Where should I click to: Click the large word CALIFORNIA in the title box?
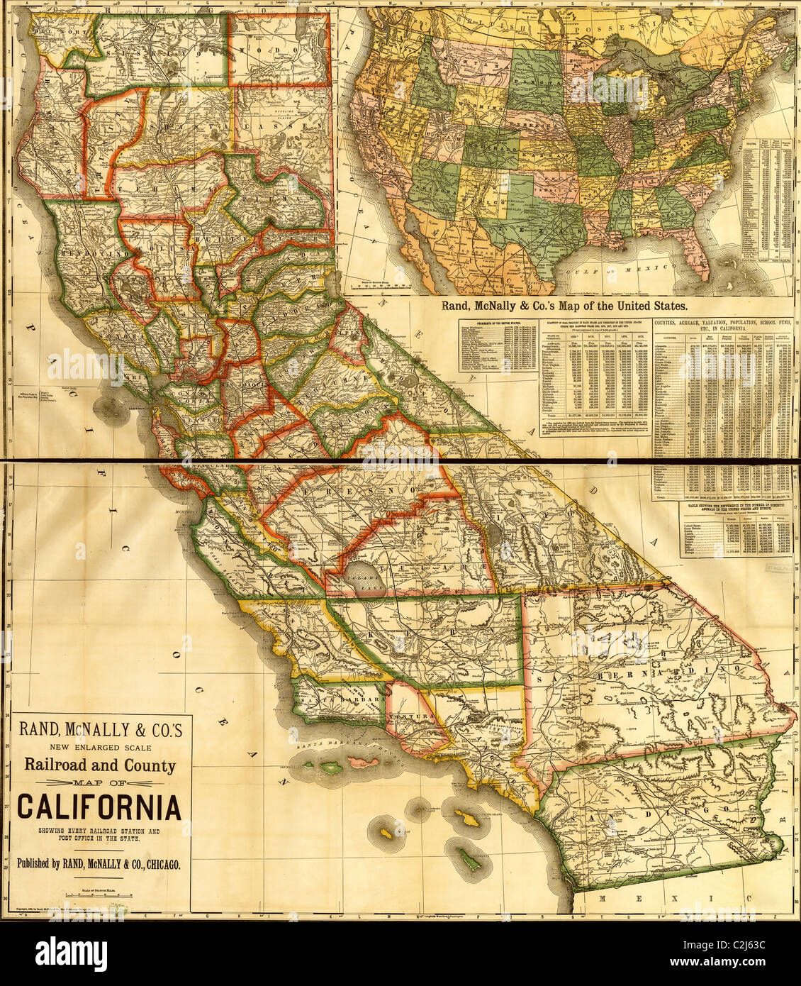pos(99,807)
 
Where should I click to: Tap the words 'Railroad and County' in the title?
pos(99,765)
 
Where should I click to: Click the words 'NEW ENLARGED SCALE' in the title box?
pos(99,746)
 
